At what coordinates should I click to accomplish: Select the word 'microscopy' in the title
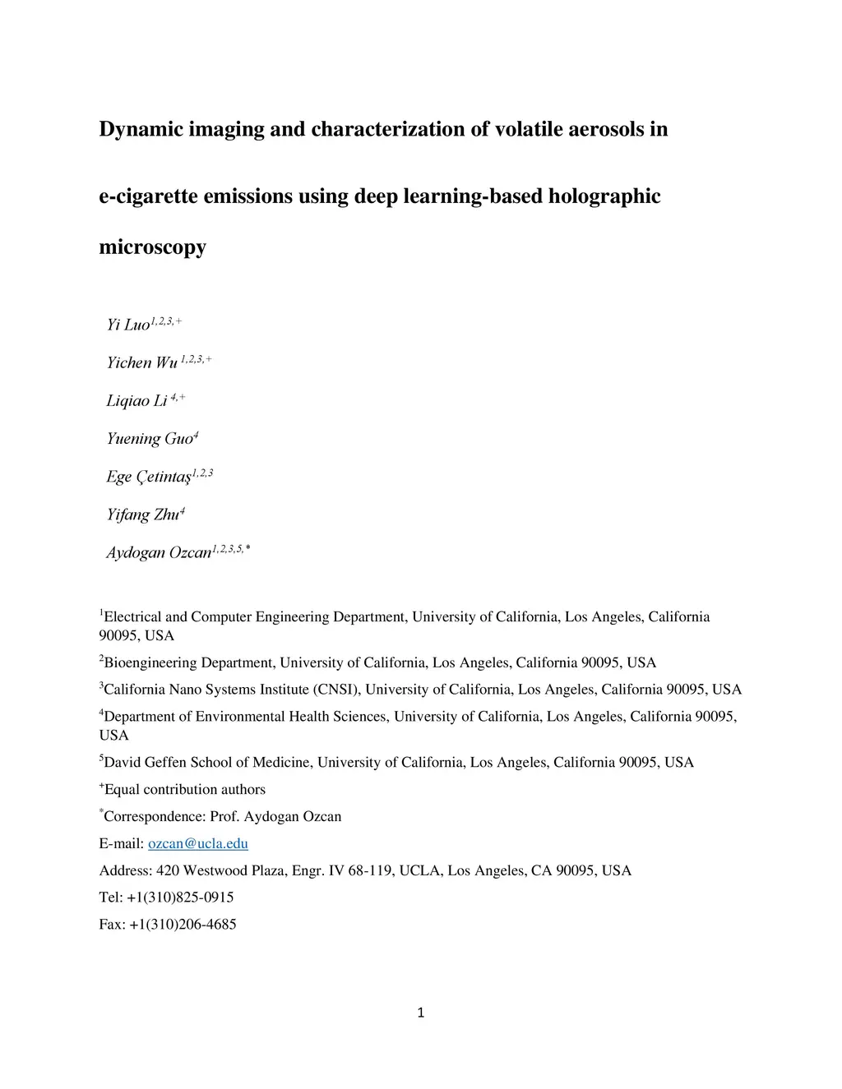coord(152,247)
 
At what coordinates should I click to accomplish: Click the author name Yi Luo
coord(128,325)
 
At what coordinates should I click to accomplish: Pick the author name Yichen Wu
coord(142,362)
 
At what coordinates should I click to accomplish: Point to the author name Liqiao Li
coord(136,400)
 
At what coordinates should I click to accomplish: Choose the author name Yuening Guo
coord(149,438)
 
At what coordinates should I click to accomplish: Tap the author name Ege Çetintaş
coord(149,477)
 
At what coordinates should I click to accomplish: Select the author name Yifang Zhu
coord(142,515)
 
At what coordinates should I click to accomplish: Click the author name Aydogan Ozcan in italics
coord(159,552)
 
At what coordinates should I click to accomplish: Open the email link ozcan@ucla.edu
coord(197,843)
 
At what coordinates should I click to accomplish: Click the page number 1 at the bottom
coord(421,1013)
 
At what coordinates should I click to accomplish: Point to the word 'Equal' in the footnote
coord(123,789)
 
